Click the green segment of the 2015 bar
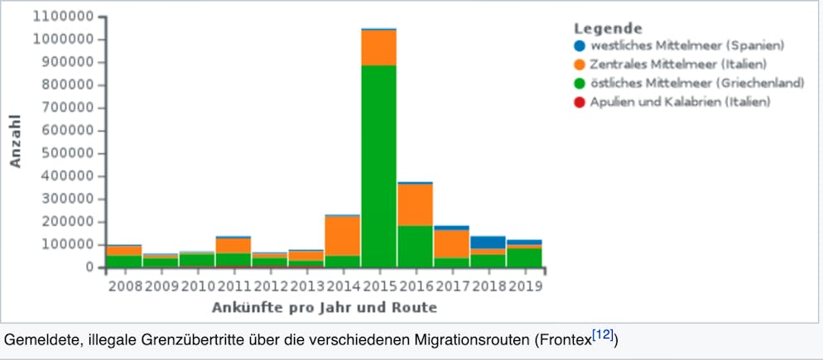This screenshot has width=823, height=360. coord(378,166)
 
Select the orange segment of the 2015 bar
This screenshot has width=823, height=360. coord(378,47)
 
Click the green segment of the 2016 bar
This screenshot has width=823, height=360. coord(415,246)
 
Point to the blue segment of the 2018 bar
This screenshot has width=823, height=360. coord(488,242)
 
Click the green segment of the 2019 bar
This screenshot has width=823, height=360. coord(524,257)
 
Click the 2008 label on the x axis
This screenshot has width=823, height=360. coord(123,286)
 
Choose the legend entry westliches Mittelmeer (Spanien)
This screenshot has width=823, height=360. coord(686,46)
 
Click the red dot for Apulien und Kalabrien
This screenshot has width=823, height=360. coord(580,102)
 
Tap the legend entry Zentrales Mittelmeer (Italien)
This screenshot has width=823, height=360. coord(678,65)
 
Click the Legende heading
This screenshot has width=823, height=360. coord(608,27)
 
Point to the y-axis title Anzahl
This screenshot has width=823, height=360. coord(16,142)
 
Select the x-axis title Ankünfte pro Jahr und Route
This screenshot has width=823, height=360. coord(324,308)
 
